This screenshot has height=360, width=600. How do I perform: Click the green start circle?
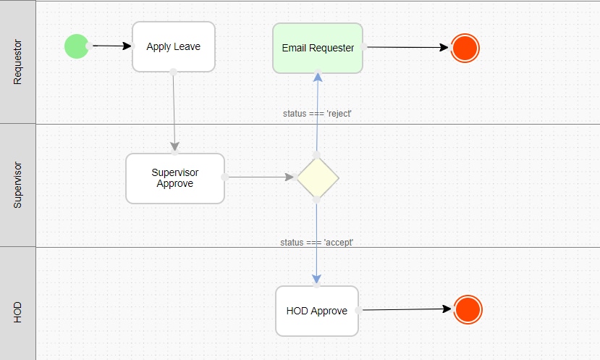(x=77, y=46)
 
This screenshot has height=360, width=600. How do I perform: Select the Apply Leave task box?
(x=174, y=47)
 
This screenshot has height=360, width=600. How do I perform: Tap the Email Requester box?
(x=318, y=48)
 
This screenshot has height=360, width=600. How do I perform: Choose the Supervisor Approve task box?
(x=175, y=178)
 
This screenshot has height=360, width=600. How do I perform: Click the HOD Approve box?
(x=317, y=311)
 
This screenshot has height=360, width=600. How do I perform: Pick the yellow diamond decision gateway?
(x=318, y=177)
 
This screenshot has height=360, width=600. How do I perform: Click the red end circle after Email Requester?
(x=465, y=49)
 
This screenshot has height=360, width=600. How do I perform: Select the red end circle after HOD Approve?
(x=468, y=309)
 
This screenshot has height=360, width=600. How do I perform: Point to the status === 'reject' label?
(x=317, y=114)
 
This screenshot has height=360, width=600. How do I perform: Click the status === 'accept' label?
(x=316, y=243)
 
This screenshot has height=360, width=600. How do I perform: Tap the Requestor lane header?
(x=17, y=62)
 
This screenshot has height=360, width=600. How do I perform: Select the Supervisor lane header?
(x=17, y=185)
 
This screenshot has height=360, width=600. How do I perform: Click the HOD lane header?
(x=17, y=312)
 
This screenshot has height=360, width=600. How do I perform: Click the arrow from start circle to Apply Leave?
(x=111, y=46)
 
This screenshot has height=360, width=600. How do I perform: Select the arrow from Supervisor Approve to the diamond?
(x=261, y=177)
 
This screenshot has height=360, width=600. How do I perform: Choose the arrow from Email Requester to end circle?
(x=407, y=47)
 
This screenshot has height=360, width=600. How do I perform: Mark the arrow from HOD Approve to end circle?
(x=407, y=309)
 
